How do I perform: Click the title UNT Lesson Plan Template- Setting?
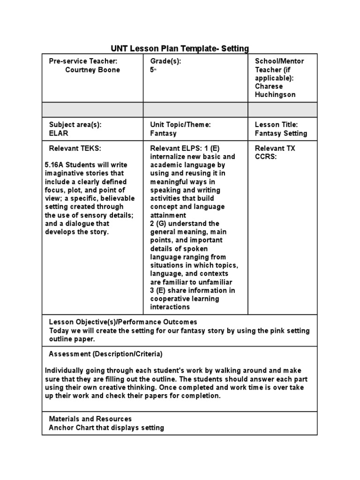tap(180, 48)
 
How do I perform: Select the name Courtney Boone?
tap(92, 70)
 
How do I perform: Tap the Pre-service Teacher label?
tap(83, 61)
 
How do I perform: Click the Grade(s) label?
tap(165, 61)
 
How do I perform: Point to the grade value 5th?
tap(152, 70)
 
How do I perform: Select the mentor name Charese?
tap(268, 86)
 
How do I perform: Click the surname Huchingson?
tap(275, 95)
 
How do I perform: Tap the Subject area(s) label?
tap(75, 125)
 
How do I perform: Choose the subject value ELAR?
tap(59, 133)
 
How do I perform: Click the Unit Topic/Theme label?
tap(180, 125)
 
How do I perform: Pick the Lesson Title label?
tap(276, 125)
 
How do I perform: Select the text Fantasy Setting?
tap(281, 133)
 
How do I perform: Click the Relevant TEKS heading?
tap(75, 148)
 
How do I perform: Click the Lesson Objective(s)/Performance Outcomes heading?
tap(123, 322)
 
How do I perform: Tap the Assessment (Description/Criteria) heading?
tap(105, 354)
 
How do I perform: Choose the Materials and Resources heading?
tap(90, 419)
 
